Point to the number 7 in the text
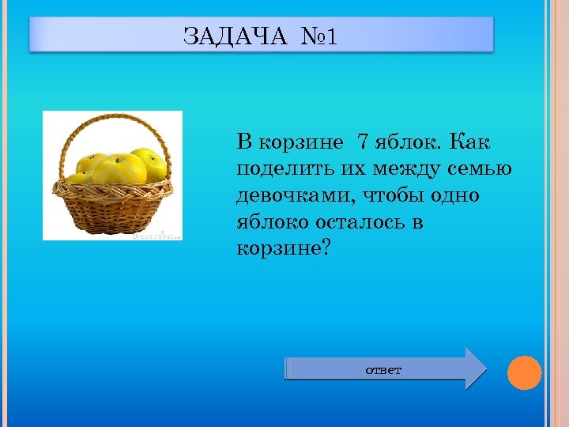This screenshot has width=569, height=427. click(363, 142)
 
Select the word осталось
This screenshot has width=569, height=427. click(356, 222)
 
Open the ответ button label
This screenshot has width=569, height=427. click(383, 369)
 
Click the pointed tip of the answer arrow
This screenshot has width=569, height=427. click(485, 368)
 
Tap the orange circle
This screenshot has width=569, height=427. click(524, 372)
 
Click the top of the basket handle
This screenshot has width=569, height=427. click(113, 117)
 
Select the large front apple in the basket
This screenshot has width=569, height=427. click(119, 168)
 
